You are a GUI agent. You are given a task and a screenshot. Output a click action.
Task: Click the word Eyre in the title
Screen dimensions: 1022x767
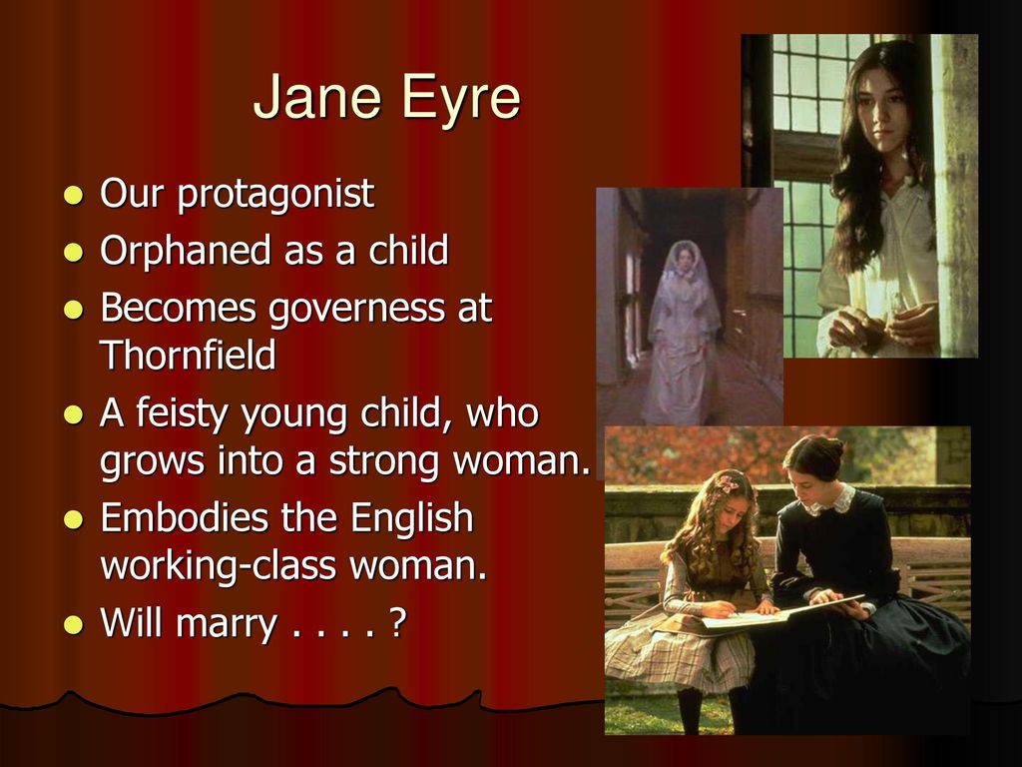461,99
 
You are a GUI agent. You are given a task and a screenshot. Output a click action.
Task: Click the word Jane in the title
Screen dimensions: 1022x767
316,97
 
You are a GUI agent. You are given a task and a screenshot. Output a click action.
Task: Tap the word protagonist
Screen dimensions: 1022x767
275,195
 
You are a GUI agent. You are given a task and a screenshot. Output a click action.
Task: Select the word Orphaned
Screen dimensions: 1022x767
185,251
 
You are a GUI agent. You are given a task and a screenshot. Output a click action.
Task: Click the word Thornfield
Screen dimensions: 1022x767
188,355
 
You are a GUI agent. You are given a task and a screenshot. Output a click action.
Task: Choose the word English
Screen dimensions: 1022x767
411,518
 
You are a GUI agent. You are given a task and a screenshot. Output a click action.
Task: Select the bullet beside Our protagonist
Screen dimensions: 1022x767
74,195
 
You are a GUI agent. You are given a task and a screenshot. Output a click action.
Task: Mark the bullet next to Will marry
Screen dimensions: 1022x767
74,624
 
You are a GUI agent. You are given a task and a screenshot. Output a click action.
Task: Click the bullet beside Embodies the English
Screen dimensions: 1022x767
74,519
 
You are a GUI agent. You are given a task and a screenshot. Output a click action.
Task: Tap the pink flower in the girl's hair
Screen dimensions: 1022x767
728,483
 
